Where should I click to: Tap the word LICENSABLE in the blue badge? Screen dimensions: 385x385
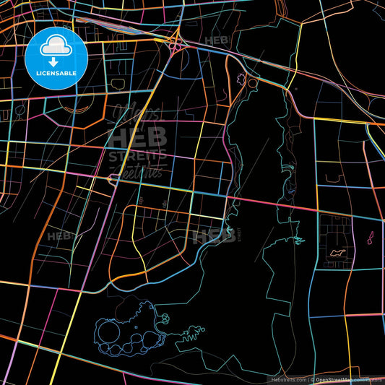56,72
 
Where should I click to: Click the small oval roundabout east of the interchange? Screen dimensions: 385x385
252,83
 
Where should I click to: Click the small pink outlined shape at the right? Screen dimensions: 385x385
372,236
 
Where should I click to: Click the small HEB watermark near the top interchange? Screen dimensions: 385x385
215,41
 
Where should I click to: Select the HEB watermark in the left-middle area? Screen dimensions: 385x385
58,235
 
